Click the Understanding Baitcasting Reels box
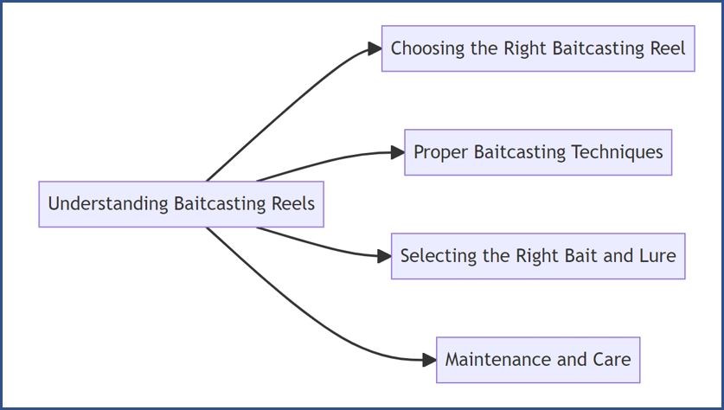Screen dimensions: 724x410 pos(181,204)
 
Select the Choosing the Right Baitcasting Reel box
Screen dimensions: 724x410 pos(538,48)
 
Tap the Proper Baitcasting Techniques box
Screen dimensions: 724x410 pos(538,152)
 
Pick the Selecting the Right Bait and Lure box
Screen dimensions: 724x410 pos(538,256)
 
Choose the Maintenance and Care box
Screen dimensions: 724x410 pos(538,360)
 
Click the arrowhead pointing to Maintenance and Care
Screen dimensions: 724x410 pos(429,360)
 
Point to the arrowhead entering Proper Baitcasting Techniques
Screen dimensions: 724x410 pos(398,152)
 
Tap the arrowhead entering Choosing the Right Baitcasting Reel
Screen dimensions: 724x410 pos(375,48)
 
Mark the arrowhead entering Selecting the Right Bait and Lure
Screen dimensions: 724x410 pos(385,256)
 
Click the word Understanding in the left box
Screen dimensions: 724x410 pos(108,204)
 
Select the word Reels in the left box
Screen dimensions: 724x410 pos(293,203)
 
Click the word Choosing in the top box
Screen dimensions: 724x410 pos(427,49)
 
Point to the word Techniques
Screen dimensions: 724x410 pos(618,152)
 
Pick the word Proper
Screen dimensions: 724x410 pos(441,153)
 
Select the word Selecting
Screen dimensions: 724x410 pos(439,256)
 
